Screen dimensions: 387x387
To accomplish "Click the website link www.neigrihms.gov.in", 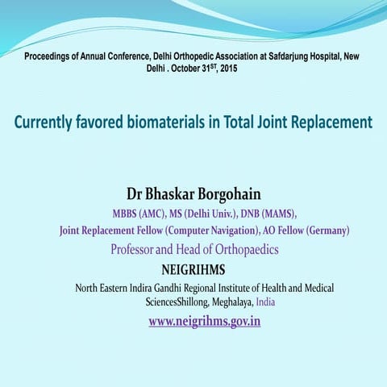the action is pyautogui.click(x=204, y=321).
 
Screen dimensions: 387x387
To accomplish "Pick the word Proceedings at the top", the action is pyautogui.click(x=51, y=56).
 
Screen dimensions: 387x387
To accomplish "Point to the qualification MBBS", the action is pyautogui.click(x=127, y=214).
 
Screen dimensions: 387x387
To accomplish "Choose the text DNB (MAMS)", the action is pyautogui.click(x=264, y=214).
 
